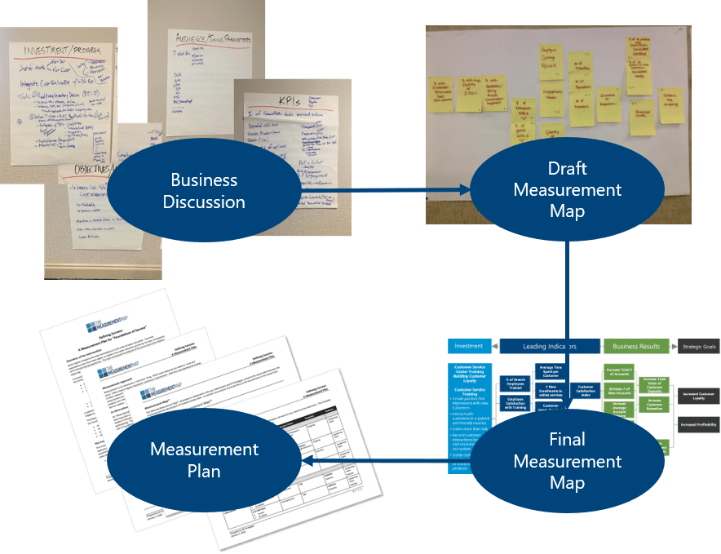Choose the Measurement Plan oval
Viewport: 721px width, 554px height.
click(x=204, y=460)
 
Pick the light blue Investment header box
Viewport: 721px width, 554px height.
click(x=469, y=346)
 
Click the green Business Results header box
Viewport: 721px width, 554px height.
click(x=636, y=346)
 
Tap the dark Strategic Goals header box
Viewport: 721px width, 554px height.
click(x=699, y=346)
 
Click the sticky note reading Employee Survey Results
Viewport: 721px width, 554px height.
click(x=552, y=60)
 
